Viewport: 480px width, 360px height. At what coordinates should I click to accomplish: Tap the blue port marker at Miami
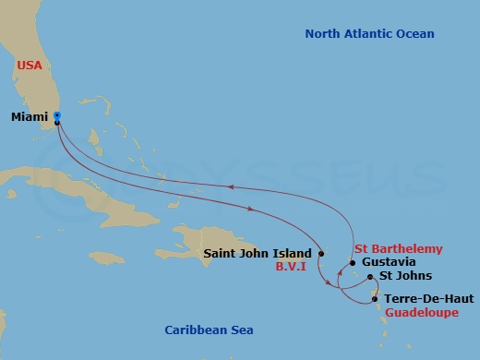[57, 116]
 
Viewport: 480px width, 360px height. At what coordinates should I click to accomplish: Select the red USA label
[30, 66]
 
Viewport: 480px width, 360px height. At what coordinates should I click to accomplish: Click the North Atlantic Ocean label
[369, 34]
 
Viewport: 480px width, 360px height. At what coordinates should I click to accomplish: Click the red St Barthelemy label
[399, 249]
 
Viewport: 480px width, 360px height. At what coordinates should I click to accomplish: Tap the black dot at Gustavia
[353, 264]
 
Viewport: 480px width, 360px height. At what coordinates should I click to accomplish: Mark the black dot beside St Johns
[370, 277]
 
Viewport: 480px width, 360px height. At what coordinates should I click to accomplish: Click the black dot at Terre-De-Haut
[375, 298]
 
